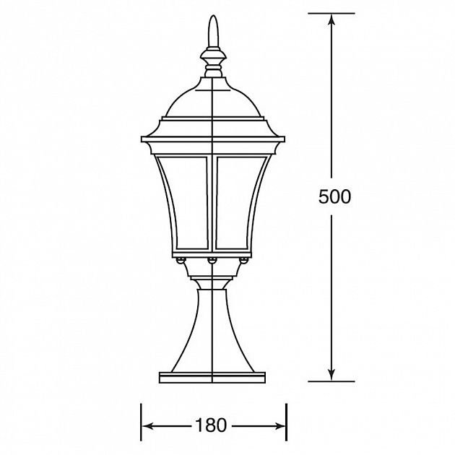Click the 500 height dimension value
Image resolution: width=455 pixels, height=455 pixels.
click(334, 196)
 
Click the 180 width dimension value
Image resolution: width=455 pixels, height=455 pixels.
click(211, 425)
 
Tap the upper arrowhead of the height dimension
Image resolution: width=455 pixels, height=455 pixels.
click(331, 20)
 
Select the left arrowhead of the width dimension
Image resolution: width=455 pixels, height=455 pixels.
click(148, 426)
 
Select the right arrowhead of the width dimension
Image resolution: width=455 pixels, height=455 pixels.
click(279, 426)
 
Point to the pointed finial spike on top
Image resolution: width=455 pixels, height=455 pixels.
click(213, 31)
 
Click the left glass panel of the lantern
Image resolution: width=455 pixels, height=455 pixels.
click(185, 202)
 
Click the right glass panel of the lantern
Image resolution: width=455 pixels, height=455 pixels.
click(240, 202)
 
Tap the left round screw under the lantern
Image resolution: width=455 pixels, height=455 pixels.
click(181, 260)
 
